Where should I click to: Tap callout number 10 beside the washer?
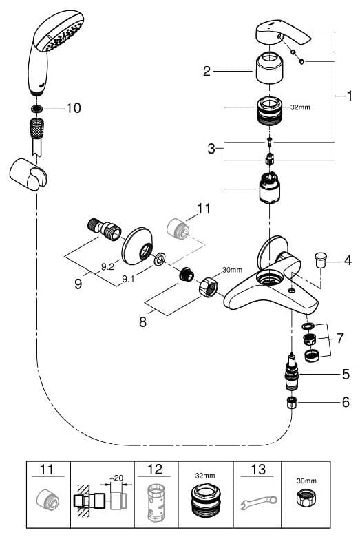click(74, 108)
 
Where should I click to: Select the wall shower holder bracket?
click(28, 174)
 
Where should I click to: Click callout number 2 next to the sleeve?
click(207, 71)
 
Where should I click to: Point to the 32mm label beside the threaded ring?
click(300, 107)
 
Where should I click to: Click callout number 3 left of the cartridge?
click(211, 149)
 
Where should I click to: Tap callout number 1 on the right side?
click(349, 96)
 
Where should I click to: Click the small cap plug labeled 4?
click(321, 260)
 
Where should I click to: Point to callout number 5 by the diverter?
click(346, 374)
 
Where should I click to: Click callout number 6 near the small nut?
click(346, 402)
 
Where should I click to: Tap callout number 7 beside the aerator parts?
click(340, 338)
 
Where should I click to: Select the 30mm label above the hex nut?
click(232, 270)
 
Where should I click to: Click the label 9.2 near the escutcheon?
click(107, 266)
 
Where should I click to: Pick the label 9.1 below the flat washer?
click(129, 279)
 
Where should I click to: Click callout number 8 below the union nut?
click(143, 322)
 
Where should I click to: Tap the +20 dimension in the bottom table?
click(116, 478)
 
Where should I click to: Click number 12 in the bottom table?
click(154, 470)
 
